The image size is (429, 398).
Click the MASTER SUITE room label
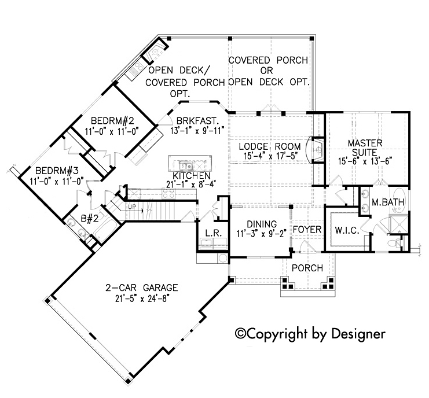click(365, 148)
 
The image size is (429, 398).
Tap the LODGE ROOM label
click(269, 146)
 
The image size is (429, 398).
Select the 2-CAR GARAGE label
click(142, 288)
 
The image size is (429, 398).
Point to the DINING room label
click(262, 224)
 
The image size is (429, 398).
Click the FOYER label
click(307, 230)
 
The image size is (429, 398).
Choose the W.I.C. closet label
click(347, 230)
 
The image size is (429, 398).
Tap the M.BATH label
click(388, 202)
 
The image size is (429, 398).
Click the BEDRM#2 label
click(112, 120)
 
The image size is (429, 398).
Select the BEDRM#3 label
click(57, 171)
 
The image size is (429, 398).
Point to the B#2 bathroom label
click(90, 219)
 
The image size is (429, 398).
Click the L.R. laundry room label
click(213, 233)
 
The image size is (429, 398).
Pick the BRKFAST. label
click(197, 120)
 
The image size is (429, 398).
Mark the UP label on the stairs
click(132, 207)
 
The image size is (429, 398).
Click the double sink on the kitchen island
click(186, 165)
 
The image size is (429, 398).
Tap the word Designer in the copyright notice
click(359, 334)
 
